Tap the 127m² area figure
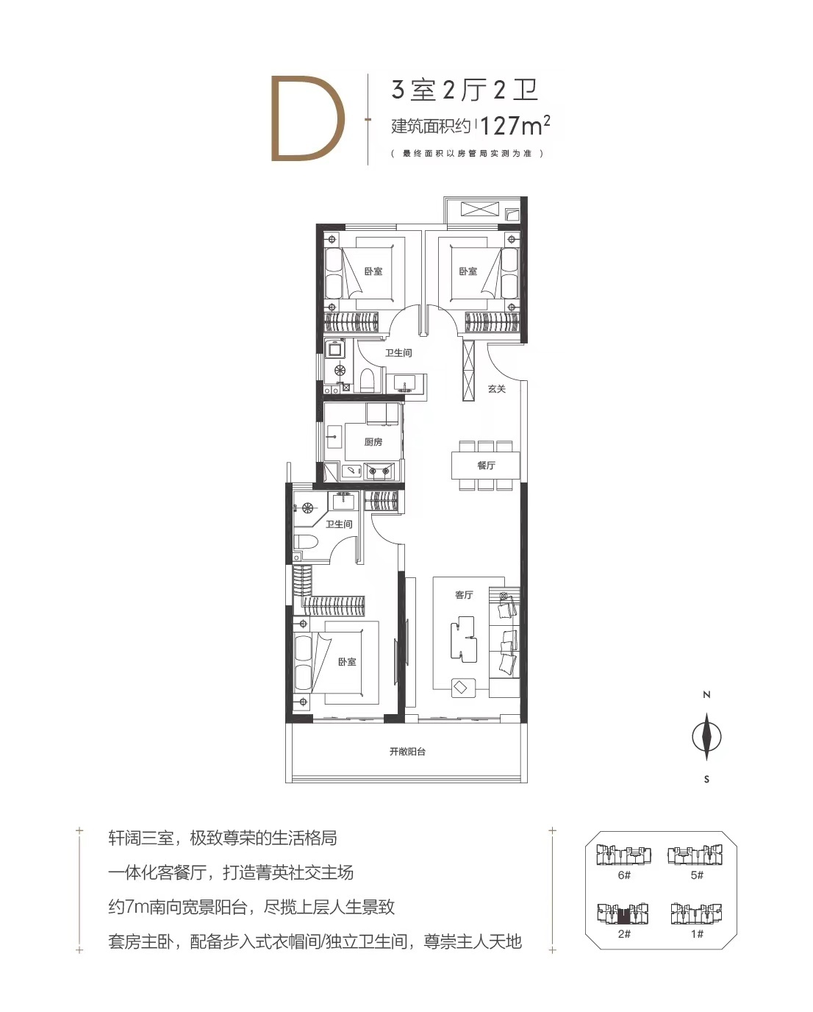pos(515,125)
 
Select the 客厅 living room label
pos(464,595)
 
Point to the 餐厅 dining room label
pos(486,466)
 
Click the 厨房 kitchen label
pos(373,441)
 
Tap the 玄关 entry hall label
pos(497,389)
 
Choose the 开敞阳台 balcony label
pos(407,752)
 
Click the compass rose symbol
pos(706,736)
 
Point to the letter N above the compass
pos(706,695)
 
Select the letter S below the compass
pos(706,779)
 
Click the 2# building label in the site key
pos(624,933)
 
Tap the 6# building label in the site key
pos(624,874)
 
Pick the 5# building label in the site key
pos(697,874)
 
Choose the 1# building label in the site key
pos(697,933)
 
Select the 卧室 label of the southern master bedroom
pos(347,662)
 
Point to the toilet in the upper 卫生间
pos(366,381)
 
